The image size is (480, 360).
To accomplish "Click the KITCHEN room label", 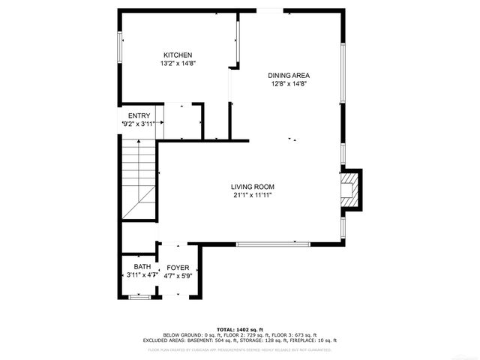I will (178, 55).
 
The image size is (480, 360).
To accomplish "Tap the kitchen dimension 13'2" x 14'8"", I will (178, 64).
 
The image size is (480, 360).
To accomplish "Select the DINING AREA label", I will (289, 75).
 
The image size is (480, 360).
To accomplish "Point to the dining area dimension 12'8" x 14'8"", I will (289, 84).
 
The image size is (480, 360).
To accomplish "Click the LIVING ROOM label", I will (252, 187).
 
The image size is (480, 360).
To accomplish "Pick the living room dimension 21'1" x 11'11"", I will (252, 196).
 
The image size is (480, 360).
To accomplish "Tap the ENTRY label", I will (139, 115).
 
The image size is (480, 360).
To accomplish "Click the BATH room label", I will (142, 267).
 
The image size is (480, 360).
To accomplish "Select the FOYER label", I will (178, 267).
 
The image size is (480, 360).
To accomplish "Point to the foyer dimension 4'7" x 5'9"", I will (178, 276).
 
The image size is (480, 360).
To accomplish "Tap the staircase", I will (139, 180).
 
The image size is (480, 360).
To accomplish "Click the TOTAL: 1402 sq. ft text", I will (240, 329).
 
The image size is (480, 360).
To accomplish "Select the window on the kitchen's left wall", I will (119, 47).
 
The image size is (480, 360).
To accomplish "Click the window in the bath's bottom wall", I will (139, 298).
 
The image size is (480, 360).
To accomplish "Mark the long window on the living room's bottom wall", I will (273, 243).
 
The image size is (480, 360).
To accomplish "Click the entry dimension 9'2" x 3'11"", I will (138, 124).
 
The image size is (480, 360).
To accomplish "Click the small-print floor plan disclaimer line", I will (240, 349).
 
